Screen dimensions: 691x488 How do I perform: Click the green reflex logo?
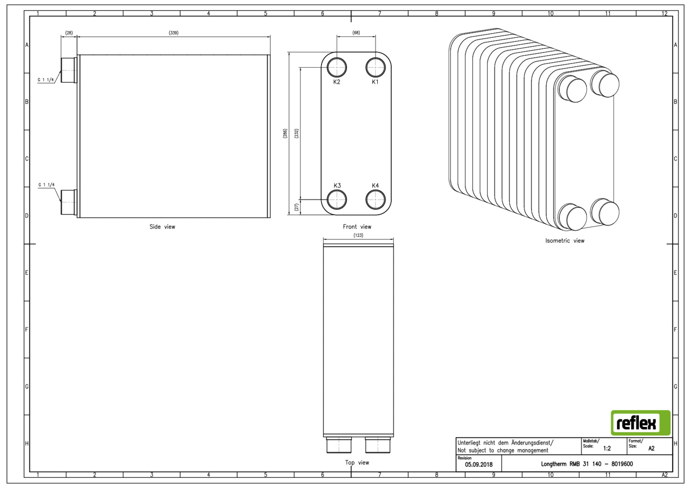click(641, 423)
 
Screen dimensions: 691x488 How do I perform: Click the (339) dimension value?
click(174, 33)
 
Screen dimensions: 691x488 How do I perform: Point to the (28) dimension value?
click(69, 33)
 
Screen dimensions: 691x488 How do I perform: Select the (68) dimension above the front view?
click(356, 33)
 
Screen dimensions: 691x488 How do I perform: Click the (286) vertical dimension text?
click(285, 133)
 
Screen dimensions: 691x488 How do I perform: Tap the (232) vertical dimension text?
click(297, 133)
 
